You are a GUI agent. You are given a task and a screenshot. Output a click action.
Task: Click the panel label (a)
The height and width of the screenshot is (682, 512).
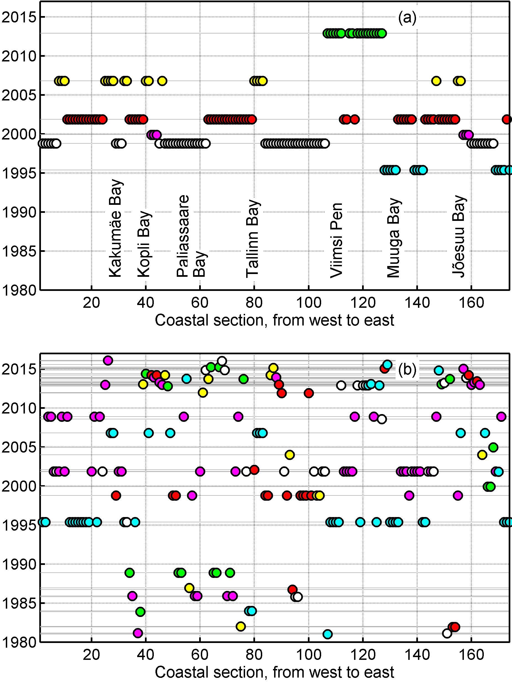click(x=407, y=18)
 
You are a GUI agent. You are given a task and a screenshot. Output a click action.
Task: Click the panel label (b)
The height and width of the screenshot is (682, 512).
click(x=407, y=369)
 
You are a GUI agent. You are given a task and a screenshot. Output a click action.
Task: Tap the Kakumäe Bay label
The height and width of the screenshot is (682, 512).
click(x=116, y=228)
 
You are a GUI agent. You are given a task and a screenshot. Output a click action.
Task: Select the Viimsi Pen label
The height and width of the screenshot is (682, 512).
click(x=336, y=240)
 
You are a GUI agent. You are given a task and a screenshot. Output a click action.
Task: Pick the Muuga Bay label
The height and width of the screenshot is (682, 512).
click(x=394, y=238)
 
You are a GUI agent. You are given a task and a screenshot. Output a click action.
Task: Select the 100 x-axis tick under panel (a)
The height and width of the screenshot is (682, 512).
click(x=308, y=303)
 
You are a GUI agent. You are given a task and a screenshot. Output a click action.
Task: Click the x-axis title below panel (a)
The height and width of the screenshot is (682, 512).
click(x=274, y=320)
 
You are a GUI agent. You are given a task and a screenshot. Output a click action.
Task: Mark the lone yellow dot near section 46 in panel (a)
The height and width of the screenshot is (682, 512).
click(x=162, y=81)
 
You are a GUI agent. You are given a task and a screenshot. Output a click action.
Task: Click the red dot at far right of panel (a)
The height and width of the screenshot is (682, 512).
click(x=507, y=119)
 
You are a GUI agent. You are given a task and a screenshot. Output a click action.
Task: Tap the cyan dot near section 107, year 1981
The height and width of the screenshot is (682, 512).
click(x=328, y=634)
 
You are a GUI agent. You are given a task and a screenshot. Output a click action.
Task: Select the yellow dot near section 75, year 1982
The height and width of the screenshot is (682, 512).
click(x=241, y=626)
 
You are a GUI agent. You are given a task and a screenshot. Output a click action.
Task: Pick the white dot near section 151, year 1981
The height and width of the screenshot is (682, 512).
click(x=447, y=634)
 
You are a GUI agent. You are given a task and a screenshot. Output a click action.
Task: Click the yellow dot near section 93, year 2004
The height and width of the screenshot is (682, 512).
click(x=290, y=455)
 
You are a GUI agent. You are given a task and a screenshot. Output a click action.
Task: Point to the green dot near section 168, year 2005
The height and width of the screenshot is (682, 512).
click(x=493, y=447)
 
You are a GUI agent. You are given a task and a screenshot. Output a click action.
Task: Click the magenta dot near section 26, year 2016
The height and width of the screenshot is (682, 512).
click(x=108, y=360)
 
